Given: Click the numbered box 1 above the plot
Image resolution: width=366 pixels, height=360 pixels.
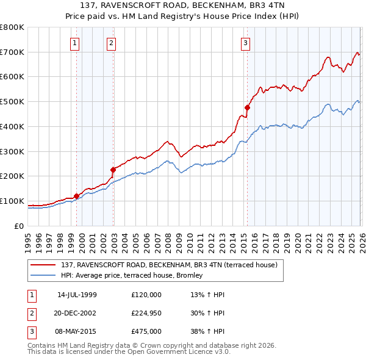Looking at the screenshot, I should [x=74, y=43].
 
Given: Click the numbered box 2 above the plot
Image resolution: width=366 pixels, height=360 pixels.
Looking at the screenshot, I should [x=112, y=43].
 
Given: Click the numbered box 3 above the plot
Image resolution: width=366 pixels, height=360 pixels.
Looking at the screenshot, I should [x=245, y=43].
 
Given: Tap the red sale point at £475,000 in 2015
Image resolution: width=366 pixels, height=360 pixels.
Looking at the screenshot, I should [x=247, y=107].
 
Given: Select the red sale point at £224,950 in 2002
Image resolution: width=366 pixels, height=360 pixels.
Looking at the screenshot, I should [x=113, y=170].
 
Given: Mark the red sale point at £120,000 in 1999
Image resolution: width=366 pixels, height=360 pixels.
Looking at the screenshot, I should [x=76, y=196].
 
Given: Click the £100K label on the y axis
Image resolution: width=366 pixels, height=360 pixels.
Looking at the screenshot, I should [x=12, y=201].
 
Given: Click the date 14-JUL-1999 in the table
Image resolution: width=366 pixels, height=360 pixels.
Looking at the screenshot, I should [x=77, y=295].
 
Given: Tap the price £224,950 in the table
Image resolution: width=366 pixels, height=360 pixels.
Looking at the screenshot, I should [x=146, y=313].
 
